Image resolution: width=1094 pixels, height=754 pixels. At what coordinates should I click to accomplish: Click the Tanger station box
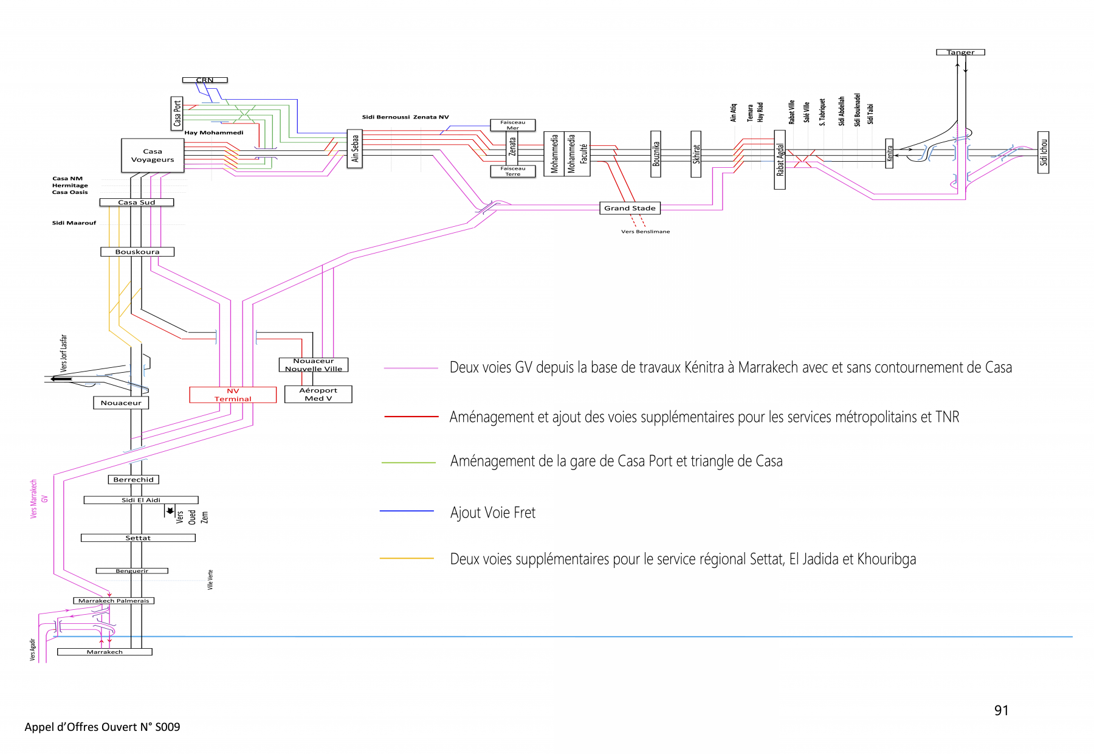(960, 52)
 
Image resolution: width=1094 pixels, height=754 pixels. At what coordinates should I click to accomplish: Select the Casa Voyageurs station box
(153, 156)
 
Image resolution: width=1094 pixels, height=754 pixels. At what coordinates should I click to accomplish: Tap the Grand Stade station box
(630, 208)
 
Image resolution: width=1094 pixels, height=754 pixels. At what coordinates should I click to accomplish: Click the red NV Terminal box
(233, 395)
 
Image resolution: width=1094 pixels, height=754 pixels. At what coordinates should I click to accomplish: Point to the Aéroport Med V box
(318, 394)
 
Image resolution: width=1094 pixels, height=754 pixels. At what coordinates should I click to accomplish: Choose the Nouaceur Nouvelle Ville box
(313, 365)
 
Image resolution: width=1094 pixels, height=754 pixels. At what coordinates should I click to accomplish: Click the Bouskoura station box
(137, 252)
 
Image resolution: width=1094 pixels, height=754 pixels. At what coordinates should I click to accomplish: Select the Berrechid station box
(134, 480)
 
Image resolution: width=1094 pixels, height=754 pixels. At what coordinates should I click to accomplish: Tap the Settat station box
(138, 538)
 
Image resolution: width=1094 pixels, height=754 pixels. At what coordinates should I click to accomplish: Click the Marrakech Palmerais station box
(114, 601)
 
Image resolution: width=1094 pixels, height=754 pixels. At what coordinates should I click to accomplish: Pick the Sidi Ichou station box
(1044, 153)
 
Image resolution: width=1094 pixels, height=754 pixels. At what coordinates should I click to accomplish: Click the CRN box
(205, 80)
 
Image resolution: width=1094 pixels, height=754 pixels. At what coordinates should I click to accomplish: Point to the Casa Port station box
(177, 113)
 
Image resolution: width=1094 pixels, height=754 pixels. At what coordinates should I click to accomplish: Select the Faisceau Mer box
(513, 125)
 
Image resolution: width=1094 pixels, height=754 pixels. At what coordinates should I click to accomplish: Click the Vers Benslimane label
(645, 232)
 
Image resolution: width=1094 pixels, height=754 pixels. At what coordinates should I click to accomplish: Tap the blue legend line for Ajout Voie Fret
(407, 511)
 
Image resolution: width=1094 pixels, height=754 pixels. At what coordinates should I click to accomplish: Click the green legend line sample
(408, 463)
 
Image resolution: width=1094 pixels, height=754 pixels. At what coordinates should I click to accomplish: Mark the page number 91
(1001, 710)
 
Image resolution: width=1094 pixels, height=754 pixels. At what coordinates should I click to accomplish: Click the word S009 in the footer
(168, 727)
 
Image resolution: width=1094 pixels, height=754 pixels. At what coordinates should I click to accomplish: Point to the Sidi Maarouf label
(74, 223)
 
